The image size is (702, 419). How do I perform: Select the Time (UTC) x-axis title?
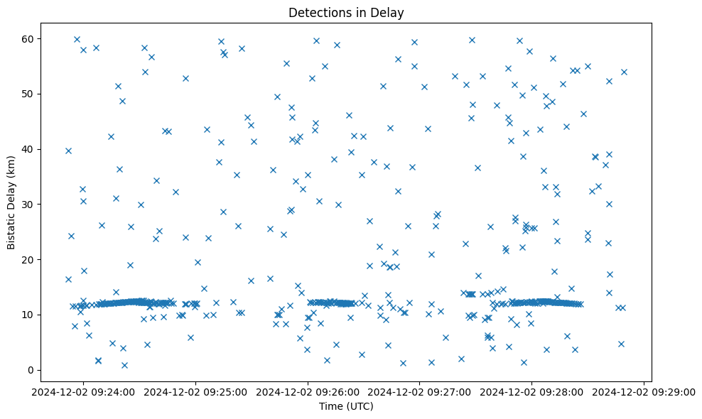click(x=347, y=406)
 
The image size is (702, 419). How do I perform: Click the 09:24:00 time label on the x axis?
click(x=83, y=391)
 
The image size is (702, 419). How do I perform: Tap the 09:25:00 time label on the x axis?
click(x=195, y=391)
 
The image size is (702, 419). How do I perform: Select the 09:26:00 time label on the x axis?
click(x=308, y=391)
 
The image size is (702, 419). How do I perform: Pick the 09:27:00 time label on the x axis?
click(x=420, y=391)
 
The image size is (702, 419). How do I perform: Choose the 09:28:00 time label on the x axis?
click(x=532, y=391)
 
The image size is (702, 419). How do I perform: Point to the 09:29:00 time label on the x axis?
click(x=644, y=391)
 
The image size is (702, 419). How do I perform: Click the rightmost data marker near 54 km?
click(x=624, y=72)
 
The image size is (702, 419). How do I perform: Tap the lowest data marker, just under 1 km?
click(x=124, y=365)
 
